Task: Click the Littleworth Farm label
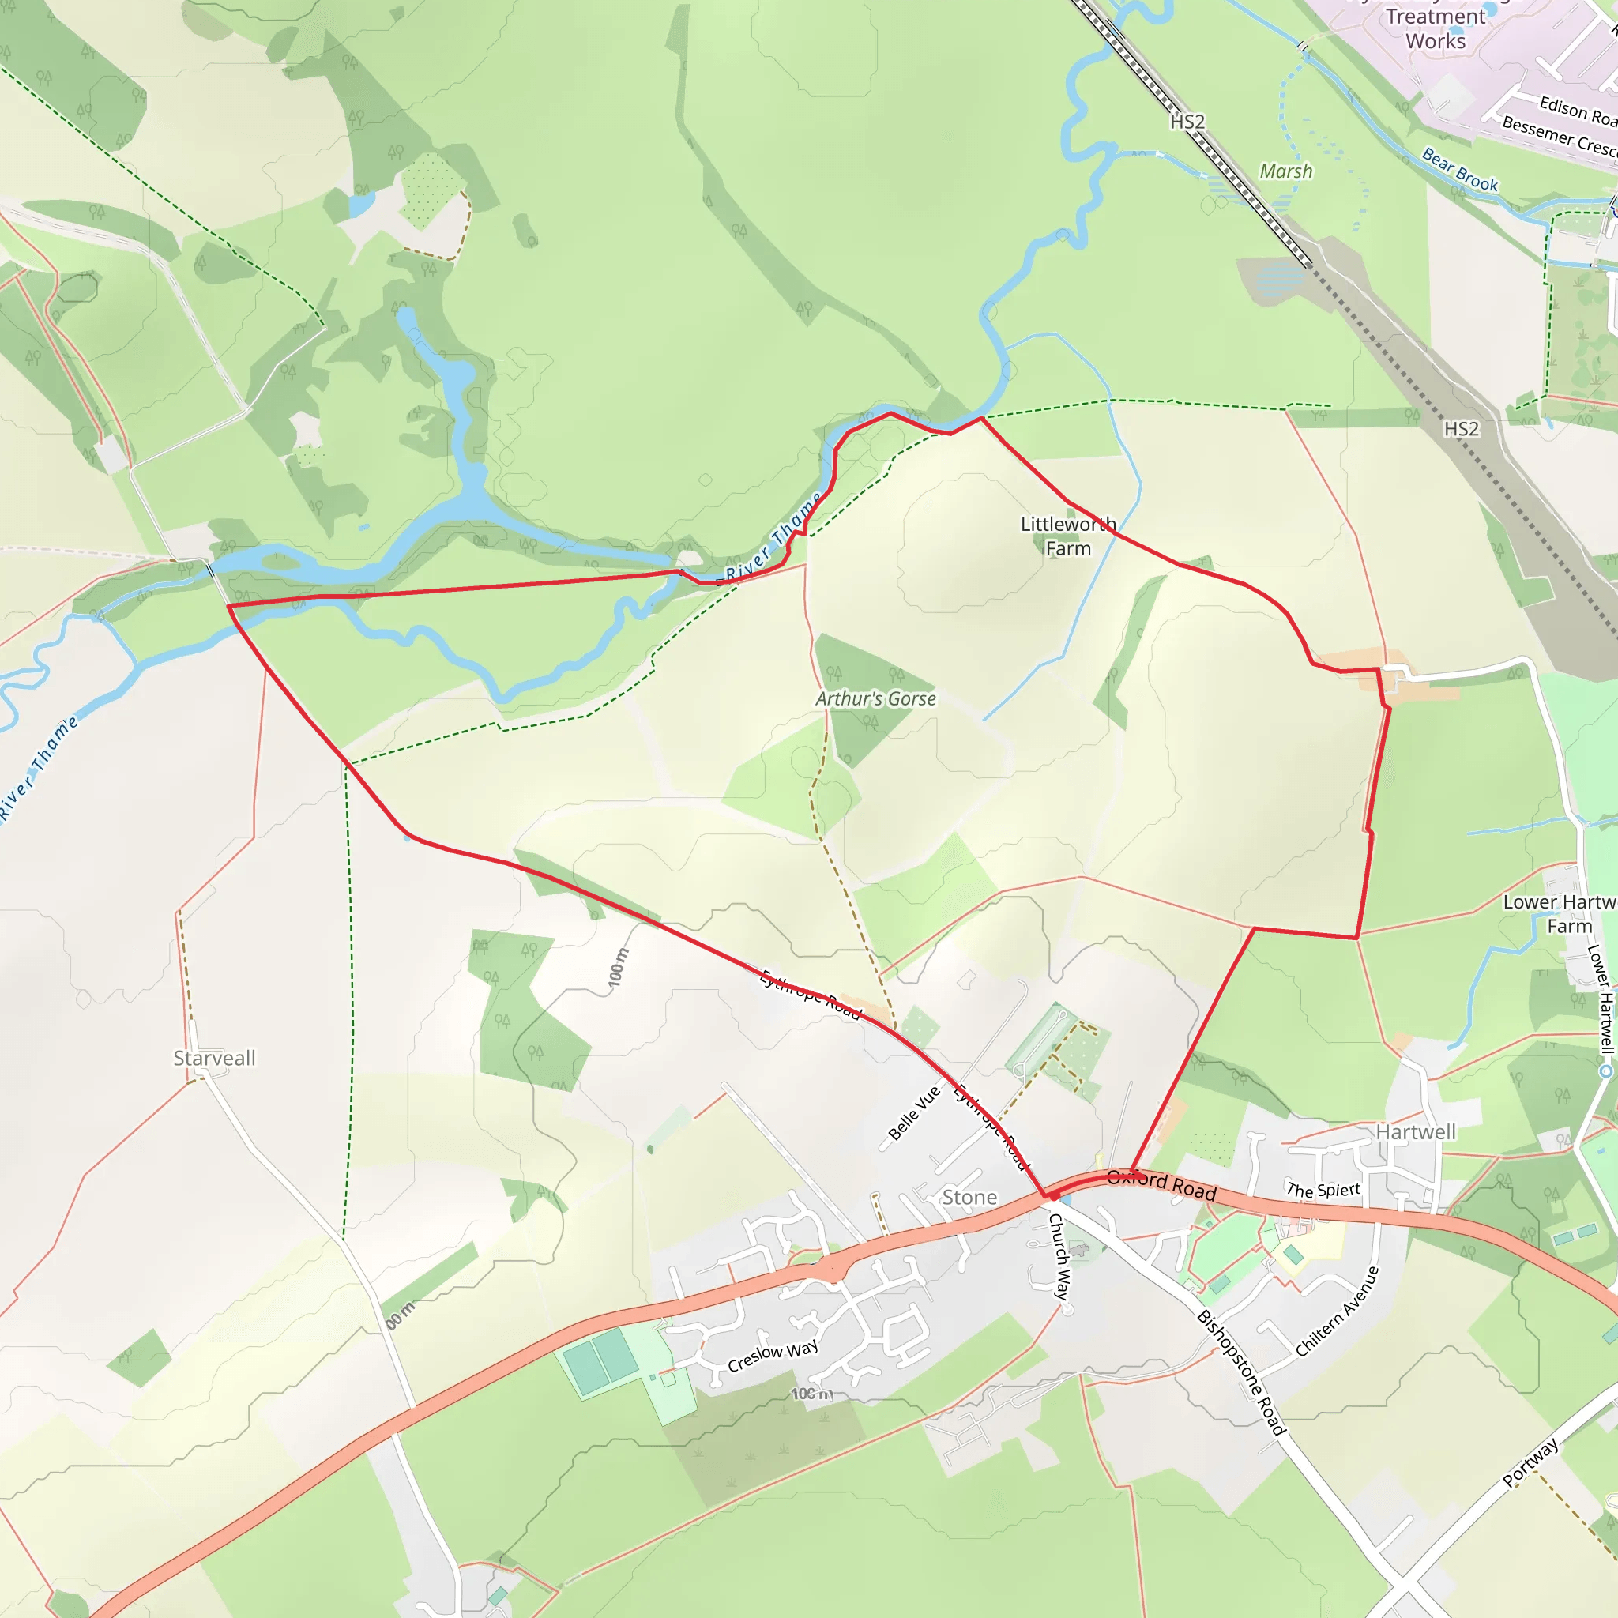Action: (x=1068, y=536)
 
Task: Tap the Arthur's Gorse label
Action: (x=876, y=698)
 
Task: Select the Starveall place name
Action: (x=214, y=1058)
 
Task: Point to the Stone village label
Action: (x=970, y=1198)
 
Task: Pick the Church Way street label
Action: (x=1059, y=1256)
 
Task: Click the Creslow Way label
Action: (x=772, y=1356)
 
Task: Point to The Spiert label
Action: (x=1323, y=1190)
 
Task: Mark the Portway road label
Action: (x=1531, y=1462)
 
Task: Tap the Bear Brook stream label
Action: (x=1460, y=170)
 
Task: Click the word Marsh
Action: (x=1286, y=171)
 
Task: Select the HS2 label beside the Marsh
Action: (x=1187, y=122)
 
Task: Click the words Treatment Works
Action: (x=1436, y=29)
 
